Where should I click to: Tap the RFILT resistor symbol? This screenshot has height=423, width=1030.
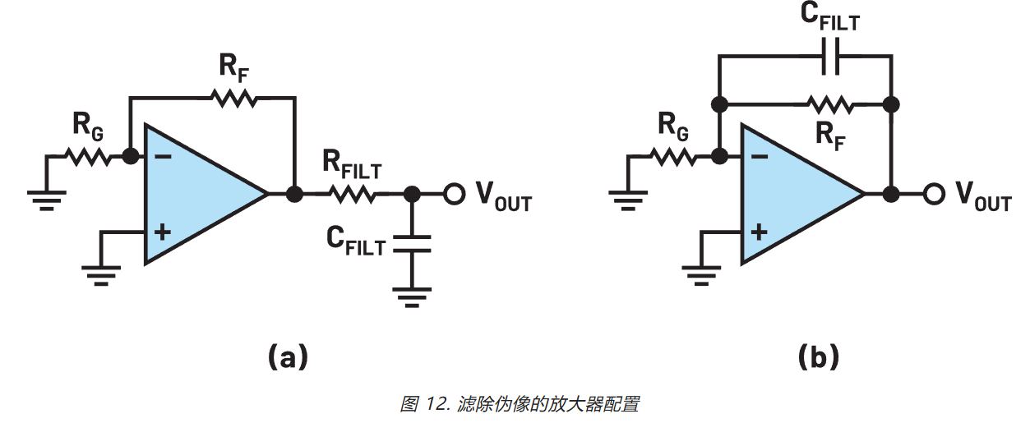[x=353, y=195]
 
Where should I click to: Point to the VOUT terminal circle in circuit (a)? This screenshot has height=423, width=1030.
[x=452, y=195]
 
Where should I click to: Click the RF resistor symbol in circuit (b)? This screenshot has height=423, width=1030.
[x=831, y=104]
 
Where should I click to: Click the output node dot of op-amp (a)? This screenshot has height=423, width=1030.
[x=293, y=195]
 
